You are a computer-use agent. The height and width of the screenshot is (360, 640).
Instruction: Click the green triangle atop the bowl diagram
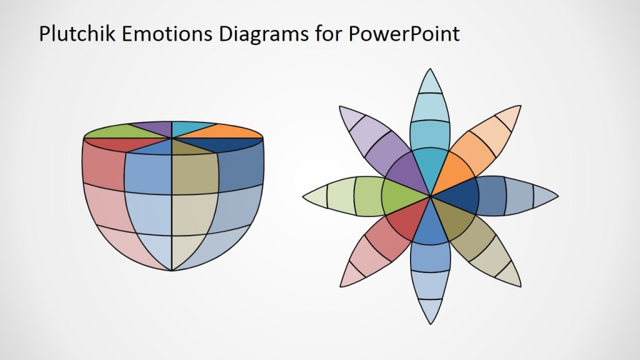point(116,131)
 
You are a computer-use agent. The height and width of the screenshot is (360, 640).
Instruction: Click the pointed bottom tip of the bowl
point(172,271)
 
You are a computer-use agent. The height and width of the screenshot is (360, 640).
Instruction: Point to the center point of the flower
point(431,196)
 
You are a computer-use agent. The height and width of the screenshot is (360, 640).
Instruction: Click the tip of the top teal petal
point(431,69)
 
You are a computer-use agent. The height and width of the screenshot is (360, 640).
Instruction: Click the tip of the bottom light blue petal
point(431,324)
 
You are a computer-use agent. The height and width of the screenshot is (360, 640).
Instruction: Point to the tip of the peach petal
point(521,106)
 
